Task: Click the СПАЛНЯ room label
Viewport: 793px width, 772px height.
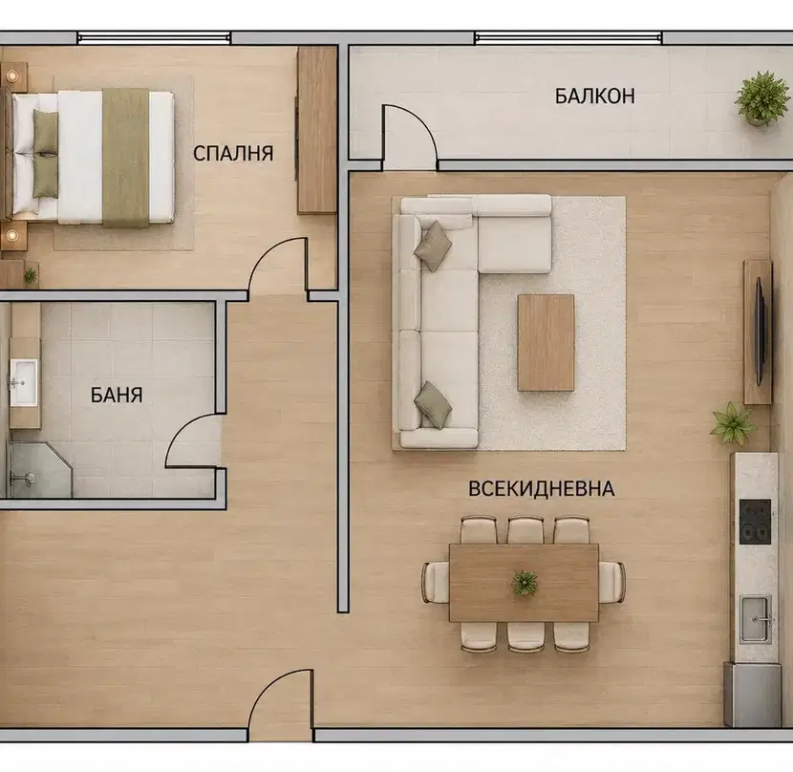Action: (x=233, y=153)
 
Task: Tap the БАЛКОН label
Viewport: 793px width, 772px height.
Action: (x=594, y=96)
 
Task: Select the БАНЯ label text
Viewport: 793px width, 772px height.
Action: (x=117, y=395)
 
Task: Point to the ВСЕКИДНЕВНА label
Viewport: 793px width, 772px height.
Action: (x=541, y=488)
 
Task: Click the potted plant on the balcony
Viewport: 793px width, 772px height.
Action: (x=762, y=98)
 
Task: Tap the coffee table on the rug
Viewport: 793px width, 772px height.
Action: (x=547, y=342)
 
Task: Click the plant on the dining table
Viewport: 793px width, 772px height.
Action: (x=524, y=582)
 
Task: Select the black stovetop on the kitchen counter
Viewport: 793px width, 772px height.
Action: (x=755, y=522)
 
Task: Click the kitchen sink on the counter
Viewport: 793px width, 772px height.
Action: (x=756, y=619)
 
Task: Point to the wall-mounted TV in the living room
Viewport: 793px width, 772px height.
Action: (x=760, y=331)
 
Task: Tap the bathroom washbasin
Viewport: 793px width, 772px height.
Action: (x=23, y=382)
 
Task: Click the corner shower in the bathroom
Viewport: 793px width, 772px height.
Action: (x=39, y=469)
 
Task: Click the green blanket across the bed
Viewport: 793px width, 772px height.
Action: (x=125, y=158)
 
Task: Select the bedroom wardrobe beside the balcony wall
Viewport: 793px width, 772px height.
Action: (x=316, y=130)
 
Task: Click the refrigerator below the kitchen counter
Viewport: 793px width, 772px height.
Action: (x=753, y=695)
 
